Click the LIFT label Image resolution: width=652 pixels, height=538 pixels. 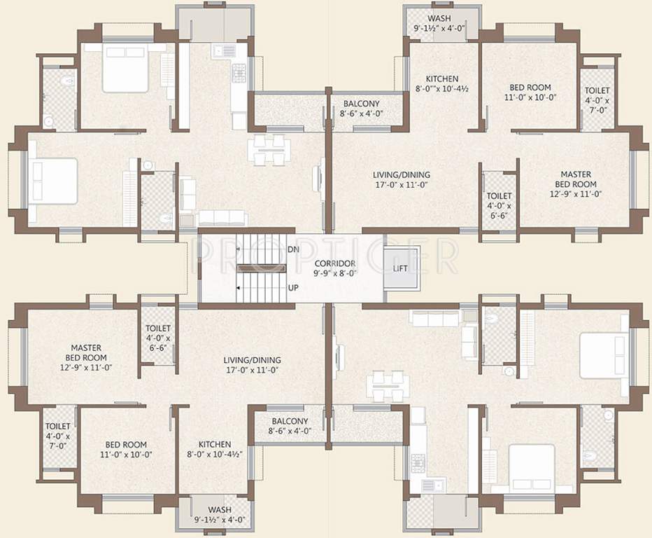tap(399, 268)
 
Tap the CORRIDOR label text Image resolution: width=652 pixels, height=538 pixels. tap(335, 263)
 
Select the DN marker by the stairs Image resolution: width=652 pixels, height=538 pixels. tap(293, 249)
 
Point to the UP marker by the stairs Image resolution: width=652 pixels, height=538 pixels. tap(293, 288)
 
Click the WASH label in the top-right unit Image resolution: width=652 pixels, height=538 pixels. tap(439, 18)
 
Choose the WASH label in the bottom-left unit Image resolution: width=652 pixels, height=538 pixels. tap(220, 509)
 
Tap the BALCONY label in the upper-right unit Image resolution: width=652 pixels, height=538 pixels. tap(360, 104)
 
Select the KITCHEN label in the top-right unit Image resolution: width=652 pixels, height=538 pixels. tap(442, 79)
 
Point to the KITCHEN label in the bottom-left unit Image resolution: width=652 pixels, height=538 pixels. tap(215, 444)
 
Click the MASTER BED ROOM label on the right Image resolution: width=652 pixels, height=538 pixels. tap(576, 174)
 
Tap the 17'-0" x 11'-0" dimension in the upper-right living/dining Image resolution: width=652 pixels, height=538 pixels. tap(401, 184)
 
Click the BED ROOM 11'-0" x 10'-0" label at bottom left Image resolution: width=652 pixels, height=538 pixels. tap(126, 449)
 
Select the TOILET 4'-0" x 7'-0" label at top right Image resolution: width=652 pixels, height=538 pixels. tap(597, 100)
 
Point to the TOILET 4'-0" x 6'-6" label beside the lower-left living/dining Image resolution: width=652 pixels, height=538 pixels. tap(157, 338)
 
